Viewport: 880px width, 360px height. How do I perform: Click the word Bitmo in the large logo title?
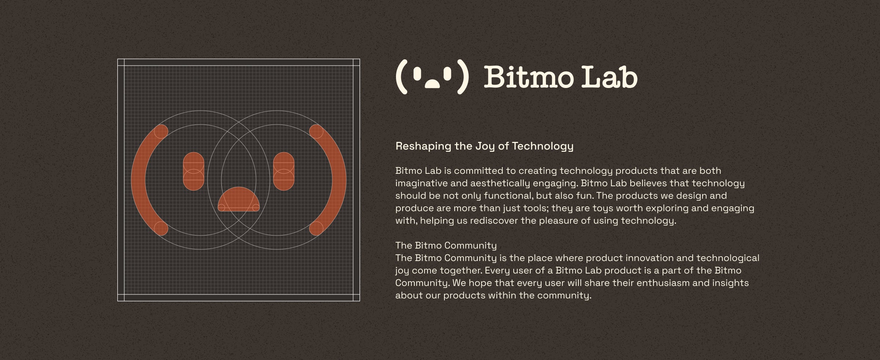point(529,77)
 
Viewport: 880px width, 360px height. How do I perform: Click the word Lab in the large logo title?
point(610,77)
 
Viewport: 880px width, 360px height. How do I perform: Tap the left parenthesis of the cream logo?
point(401,77)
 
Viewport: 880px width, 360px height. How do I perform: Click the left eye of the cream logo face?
point(417,74)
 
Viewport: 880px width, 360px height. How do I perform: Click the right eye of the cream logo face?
point(447,74)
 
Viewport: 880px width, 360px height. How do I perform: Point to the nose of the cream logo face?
point(432,84)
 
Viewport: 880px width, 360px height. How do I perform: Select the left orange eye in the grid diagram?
point(194,171)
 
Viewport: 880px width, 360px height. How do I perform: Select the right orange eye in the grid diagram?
point(284,171)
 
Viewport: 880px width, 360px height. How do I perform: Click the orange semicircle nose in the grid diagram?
point(239,200)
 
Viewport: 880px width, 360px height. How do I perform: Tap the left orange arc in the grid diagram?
point(139,180)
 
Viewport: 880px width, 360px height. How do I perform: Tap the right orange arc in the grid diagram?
point(339,180)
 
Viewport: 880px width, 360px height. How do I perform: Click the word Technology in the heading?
point(543,147)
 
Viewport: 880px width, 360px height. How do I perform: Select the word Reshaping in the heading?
point(423,147)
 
